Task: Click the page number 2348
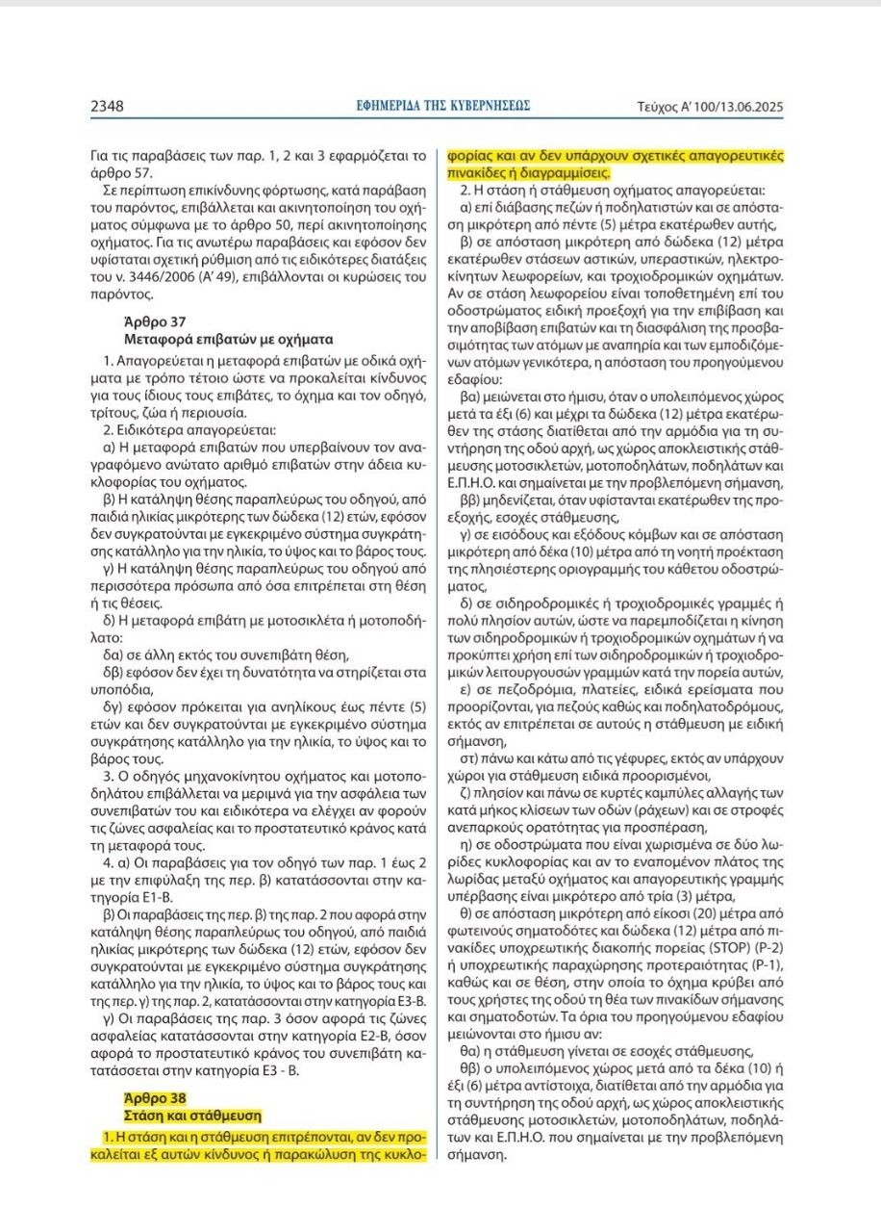click(107, 106)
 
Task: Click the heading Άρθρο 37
click(156, 321)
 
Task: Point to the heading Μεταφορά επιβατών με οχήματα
click(229, 339)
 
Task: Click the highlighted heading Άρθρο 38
click(156, 1097)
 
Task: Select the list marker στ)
click(469, 759)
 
